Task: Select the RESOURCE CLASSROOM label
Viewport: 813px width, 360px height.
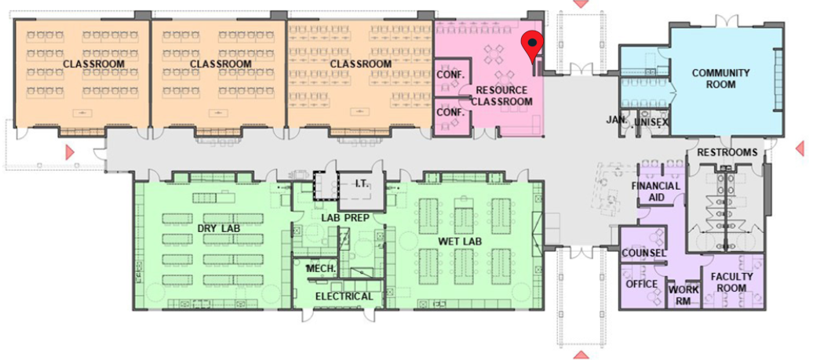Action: pos(501,96)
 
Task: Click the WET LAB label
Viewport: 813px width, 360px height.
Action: pos(460,242)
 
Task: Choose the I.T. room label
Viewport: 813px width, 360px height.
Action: pos(362,184)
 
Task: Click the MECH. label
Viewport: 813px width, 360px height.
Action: pos(322,269)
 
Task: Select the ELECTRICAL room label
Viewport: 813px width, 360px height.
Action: pos(344,296)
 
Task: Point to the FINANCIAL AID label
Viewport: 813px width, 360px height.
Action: pos(655,191)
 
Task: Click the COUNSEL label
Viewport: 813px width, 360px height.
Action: pos(643,253)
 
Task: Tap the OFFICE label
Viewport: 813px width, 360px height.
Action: pos(641,285)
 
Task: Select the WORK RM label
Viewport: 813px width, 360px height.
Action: pos(684,295)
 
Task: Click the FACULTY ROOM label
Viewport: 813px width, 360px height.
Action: pos(731,282)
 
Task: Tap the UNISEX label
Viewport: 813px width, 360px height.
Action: pos(651,122)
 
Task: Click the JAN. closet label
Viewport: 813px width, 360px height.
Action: pos(617,120)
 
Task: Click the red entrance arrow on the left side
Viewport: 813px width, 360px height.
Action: pos(70,152)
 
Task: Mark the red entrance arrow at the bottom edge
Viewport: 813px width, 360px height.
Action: pos(581,355)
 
